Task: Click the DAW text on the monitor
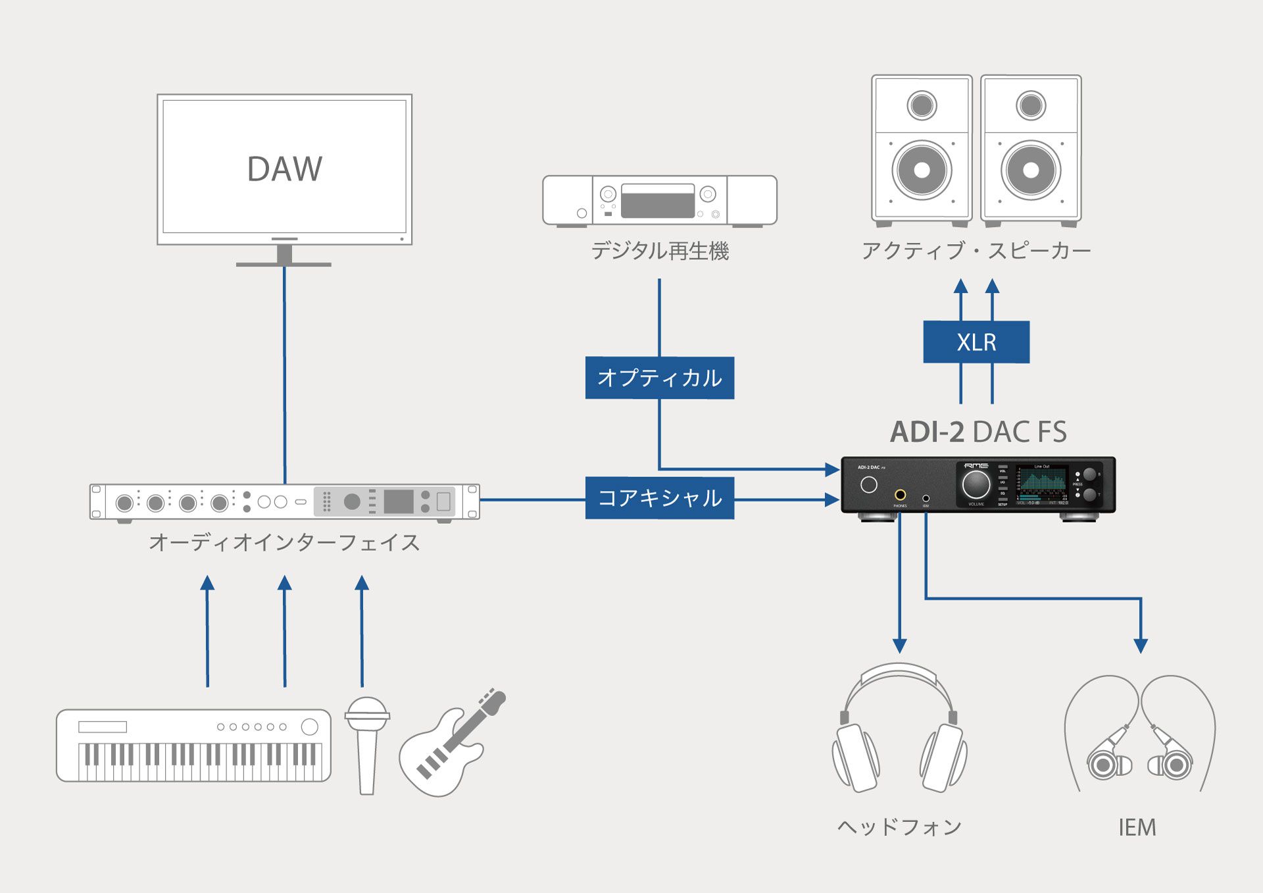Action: click(x=284, y=168)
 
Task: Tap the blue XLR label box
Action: click(x=976, y=342)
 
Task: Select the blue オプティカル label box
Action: click(x=659, y=378)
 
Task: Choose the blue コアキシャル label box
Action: click(x=659, y=498)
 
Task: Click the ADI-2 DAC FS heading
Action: click(x=978, y=432)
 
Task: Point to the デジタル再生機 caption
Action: click(x=659, y=251)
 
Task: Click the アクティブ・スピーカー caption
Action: click(x=976, y=251)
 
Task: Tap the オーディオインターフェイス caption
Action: click(x=284, y=542)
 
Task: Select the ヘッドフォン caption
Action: click(x=899, y=827)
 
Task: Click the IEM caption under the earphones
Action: click(x=1137, y=827)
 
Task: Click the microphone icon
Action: click(x=367, y=744)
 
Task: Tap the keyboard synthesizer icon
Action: click(x=193, y=746)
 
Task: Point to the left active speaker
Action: click(x=922, y=149)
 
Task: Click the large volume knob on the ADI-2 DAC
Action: click(x=976, y=484)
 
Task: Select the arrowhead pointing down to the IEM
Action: click(x=1141, y=646)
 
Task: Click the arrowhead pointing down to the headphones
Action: click(x=899, y=646)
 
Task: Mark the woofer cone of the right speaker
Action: click(x=1031, y=170)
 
